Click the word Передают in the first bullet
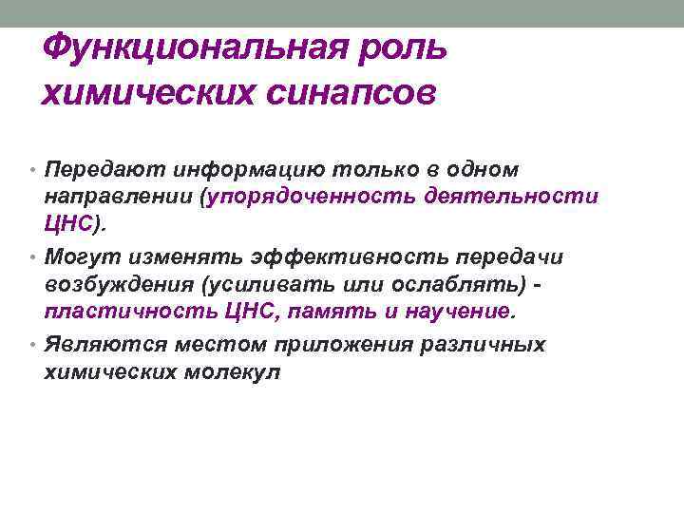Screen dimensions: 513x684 pyautogui.click(x=99, y=169)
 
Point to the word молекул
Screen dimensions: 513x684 pyautogui.click(x=236, y=372)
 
